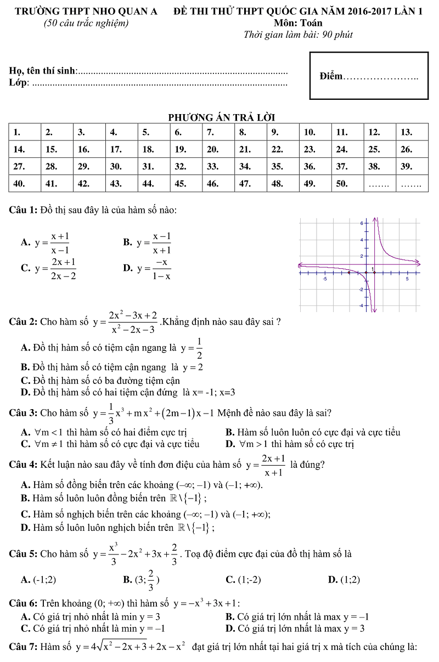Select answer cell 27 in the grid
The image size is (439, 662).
tap(25, 166)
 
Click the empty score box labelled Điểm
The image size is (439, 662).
tap(369, 76)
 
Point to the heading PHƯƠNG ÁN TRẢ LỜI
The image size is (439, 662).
tap(221, 117)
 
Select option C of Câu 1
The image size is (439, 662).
tap(48, 268)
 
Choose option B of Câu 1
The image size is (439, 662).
tap(148, 242)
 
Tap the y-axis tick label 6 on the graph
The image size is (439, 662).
tap(362, 224)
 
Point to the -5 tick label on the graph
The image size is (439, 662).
tap(325, 279)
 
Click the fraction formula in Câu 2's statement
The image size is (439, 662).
tap(127, 322)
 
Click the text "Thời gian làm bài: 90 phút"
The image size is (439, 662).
tap(298, 35)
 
